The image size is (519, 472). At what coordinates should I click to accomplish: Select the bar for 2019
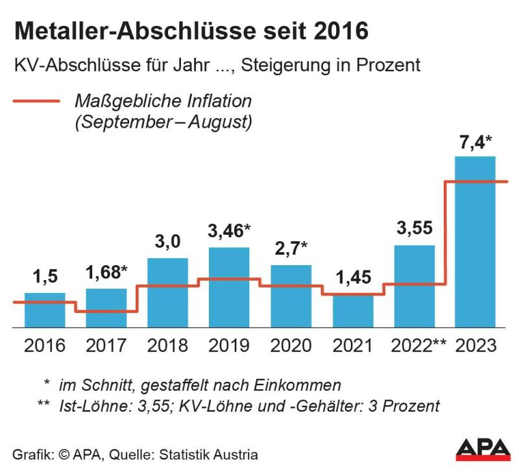pyautogui.click(x=229, y=289)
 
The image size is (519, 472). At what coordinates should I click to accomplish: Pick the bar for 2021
pyautogui.click(x=352, y=312)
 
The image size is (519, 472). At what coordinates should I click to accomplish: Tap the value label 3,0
pyautogui.click(x=167, y=242)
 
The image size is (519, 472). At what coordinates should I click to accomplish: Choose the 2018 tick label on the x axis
pyautogui.click(x=167, y=346)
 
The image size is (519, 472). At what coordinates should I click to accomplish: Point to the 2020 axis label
pyautogui.click(x=291, y=346)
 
